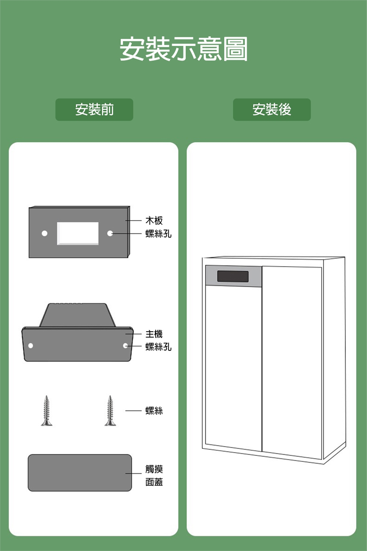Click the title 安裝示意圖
pos(183,49)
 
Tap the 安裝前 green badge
pos(94,110)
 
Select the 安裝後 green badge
pos(272,110)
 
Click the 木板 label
pos(154,220)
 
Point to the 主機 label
pos(154,334)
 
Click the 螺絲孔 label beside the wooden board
pos(158,233)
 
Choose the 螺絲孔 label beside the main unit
pos(158,347)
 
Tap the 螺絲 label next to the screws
pos(154,411)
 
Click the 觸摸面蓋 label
pos(154,475)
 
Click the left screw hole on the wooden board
pos(45,233)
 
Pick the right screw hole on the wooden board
pos(110,233)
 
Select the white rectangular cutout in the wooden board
pos(78,233)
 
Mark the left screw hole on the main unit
pos(31,346)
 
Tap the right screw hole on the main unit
pos(125,346)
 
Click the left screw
pos(47,411)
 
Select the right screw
pos(110,411)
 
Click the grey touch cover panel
pos(80,473)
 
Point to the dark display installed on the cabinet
pos(233,276)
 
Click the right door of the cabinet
pos(292,360)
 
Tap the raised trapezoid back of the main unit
pos(77,315)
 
